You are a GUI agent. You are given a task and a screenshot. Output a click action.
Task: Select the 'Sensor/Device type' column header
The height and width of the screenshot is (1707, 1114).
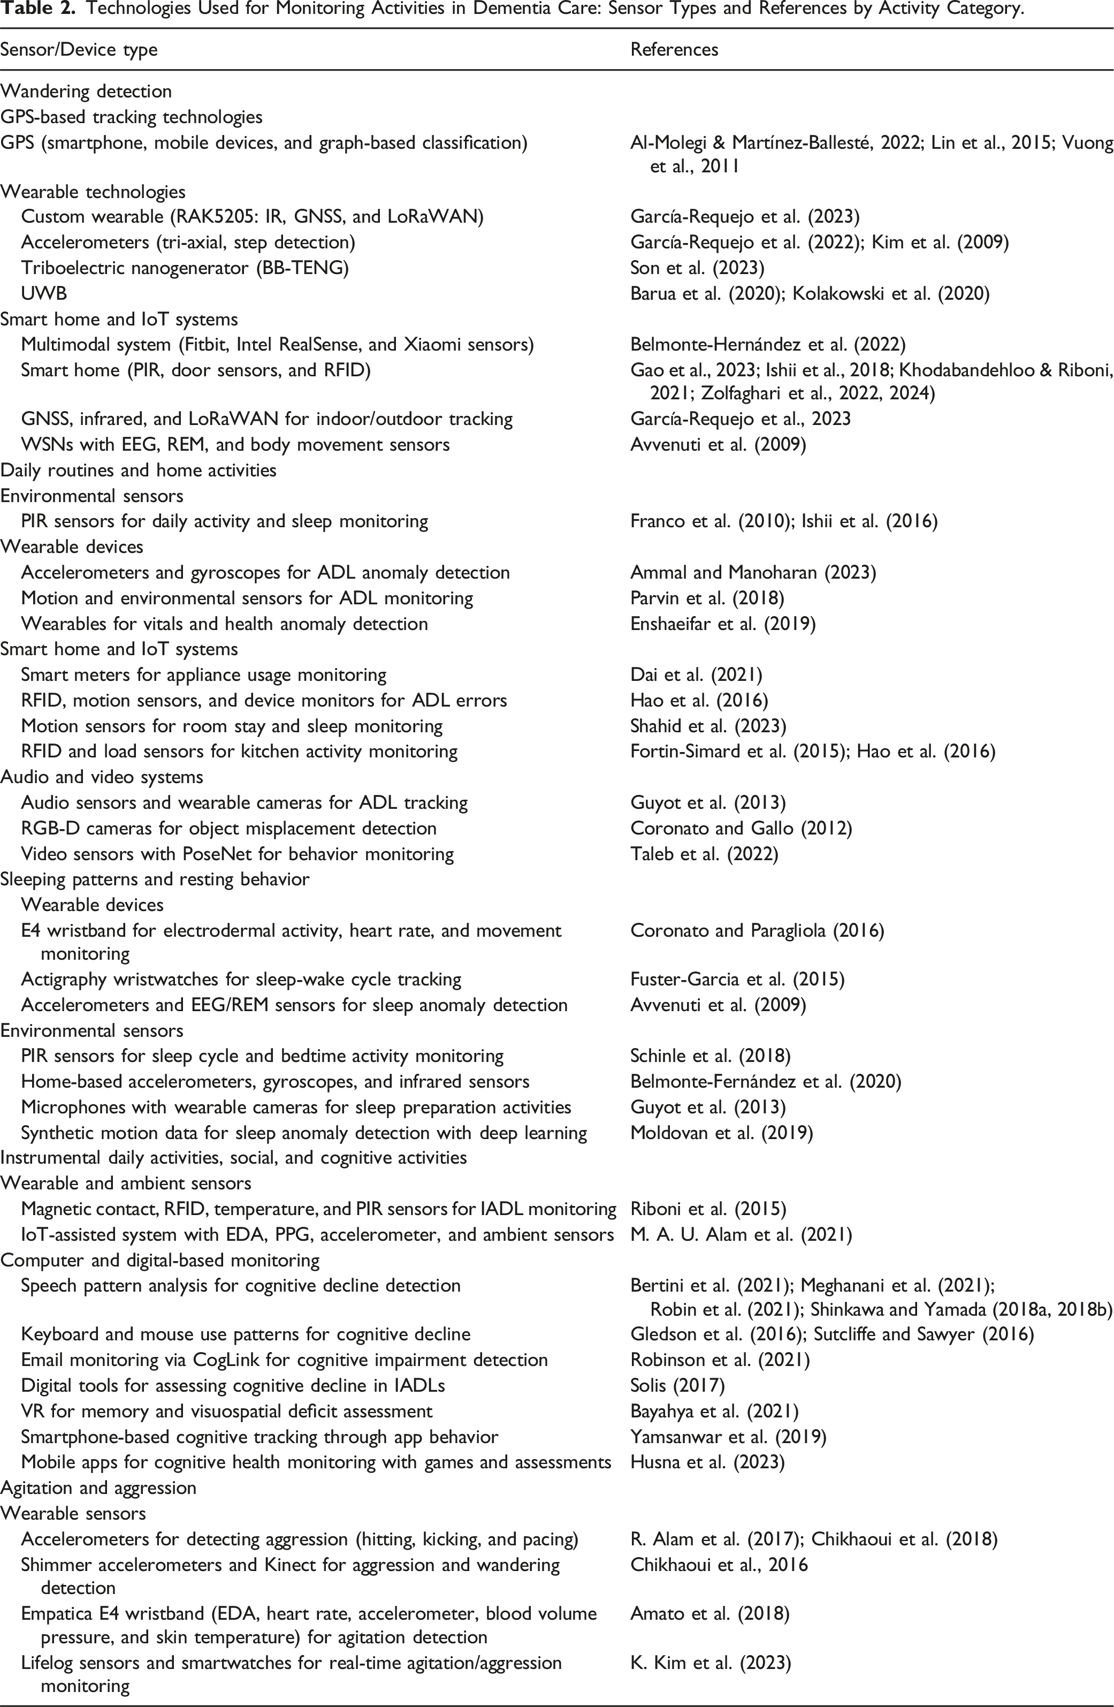coord(79,49)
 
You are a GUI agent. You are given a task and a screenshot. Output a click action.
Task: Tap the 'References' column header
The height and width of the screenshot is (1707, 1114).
coord(674,49)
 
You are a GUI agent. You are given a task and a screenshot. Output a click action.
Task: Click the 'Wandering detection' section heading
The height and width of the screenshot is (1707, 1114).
coord(86,91)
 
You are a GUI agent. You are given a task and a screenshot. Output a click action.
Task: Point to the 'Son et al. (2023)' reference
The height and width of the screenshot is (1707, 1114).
coord(697,268)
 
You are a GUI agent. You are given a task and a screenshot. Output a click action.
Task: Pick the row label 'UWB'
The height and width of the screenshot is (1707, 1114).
coord(44,293)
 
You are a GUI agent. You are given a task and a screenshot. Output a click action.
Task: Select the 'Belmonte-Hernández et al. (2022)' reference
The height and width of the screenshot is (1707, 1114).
coord(768,344)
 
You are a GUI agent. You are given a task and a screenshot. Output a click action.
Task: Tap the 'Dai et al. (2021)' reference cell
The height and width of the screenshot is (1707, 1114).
coord(696,674)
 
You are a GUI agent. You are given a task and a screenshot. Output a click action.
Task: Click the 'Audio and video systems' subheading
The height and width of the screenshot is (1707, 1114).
coord(102,777)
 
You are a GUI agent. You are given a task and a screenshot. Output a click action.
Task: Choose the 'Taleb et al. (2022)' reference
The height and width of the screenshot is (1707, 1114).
coord(704,853)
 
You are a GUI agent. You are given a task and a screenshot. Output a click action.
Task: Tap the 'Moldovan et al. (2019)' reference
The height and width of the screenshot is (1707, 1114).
coord(721,1133)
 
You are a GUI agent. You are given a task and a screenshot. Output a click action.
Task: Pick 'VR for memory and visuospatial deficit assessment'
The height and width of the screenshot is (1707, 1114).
coord(226,1411)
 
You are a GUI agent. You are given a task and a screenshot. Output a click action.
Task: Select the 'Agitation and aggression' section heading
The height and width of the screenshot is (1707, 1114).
coord(98,1488)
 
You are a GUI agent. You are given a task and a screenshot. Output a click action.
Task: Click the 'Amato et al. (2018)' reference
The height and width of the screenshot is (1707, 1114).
coord(709,1614)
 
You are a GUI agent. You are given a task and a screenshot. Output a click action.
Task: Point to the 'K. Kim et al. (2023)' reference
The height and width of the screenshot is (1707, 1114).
coord(711,1663)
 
